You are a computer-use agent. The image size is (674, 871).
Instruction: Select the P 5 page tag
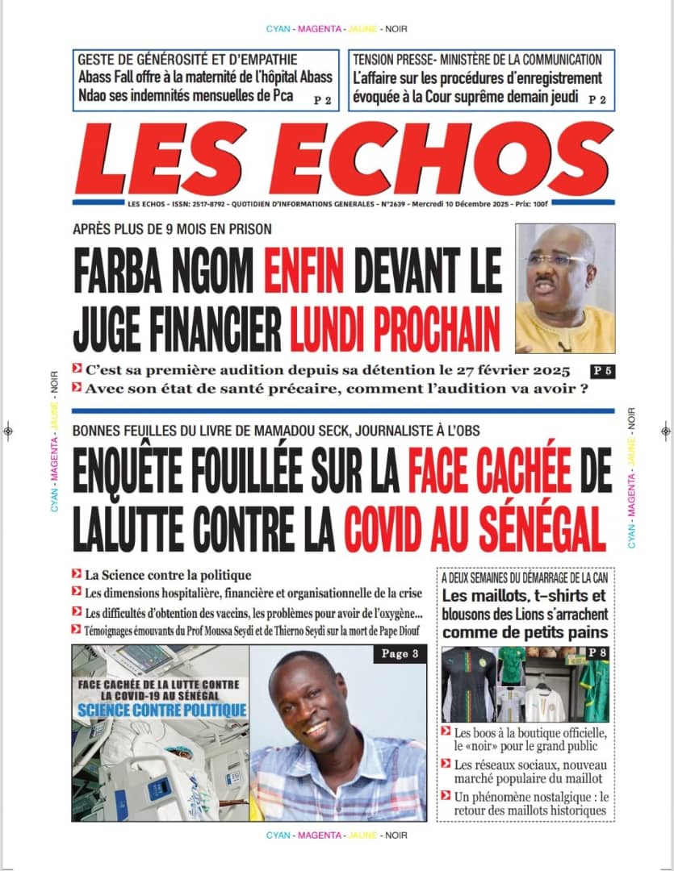pos(601,371)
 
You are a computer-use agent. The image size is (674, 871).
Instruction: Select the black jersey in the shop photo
pos(467,686)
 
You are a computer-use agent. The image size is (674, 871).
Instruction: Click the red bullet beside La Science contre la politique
pos(76,575)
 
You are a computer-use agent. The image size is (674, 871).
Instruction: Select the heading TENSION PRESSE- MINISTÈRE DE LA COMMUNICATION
pos(477,60)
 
